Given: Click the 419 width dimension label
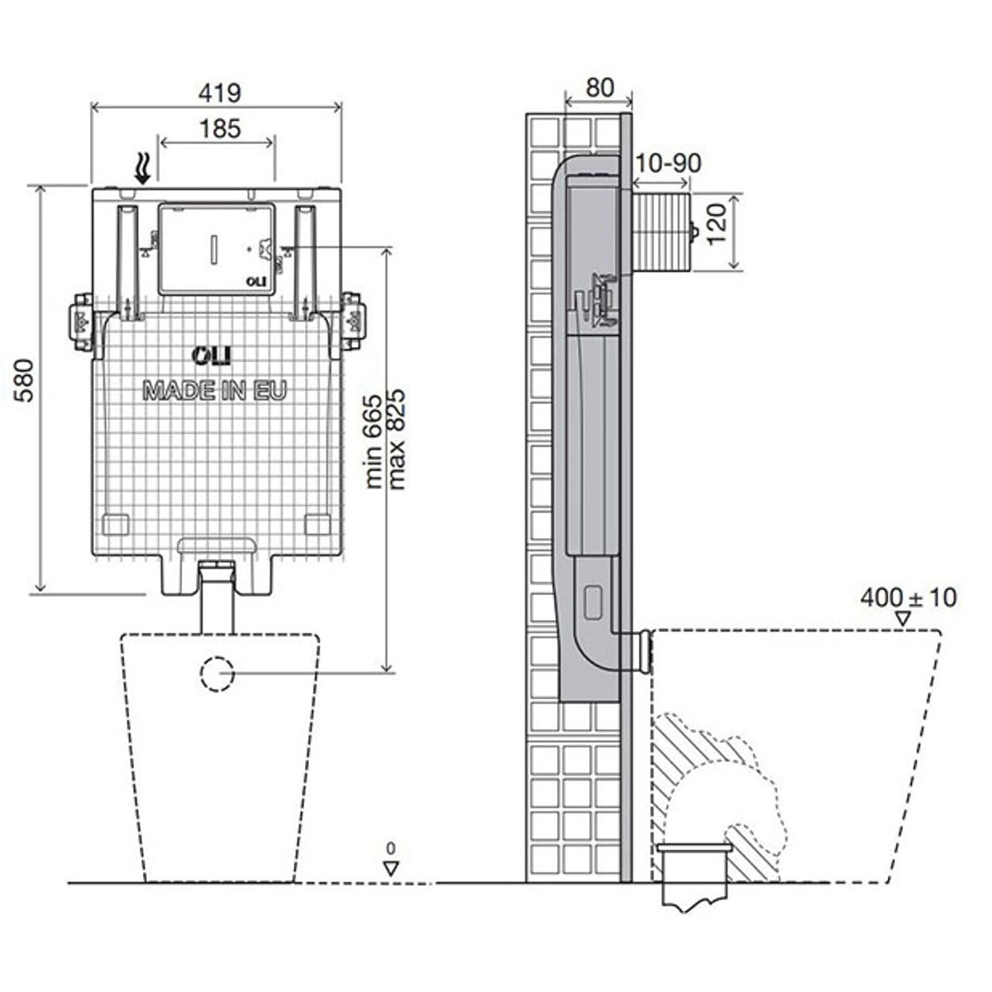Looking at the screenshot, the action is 220,93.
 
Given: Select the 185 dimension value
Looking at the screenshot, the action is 220,129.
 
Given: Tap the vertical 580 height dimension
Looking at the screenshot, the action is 24,380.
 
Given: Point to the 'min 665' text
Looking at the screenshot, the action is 374,441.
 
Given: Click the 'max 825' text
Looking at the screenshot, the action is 397,439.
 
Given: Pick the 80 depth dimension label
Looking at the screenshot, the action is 599,88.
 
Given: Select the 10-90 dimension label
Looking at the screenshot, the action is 669,164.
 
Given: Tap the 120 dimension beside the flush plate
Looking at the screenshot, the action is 716,225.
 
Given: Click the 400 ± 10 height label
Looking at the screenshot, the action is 908,598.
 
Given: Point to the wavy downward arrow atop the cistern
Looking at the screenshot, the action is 142,169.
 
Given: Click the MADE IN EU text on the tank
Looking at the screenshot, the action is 214,391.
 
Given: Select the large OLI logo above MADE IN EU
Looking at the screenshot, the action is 212,355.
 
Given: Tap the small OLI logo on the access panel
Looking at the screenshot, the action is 255,282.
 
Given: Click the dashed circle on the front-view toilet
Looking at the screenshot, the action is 217,673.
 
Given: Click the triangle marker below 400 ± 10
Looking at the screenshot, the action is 903,619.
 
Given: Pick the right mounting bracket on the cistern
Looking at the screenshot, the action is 353,322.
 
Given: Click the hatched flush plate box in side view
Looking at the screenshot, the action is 661,231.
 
